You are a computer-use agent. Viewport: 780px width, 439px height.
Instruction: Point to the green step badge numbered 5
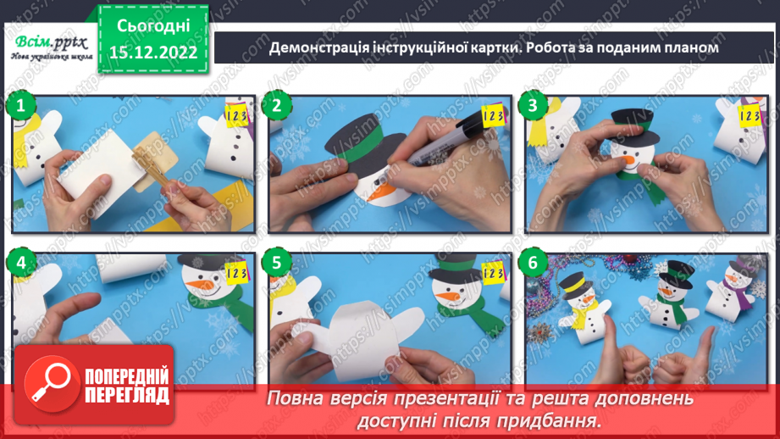276,264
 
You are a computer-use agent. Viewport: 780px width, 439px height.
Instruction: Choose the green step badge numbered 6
533,264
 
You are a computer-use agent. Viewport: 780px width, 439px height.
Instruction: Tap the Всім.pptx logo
49,44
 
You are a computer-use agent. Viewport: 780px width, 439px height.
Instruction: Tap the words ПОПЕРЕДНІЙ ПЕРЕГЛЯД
124,386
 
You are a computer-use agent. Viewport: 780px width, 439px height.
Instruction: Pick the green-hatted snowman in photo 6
672,301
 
